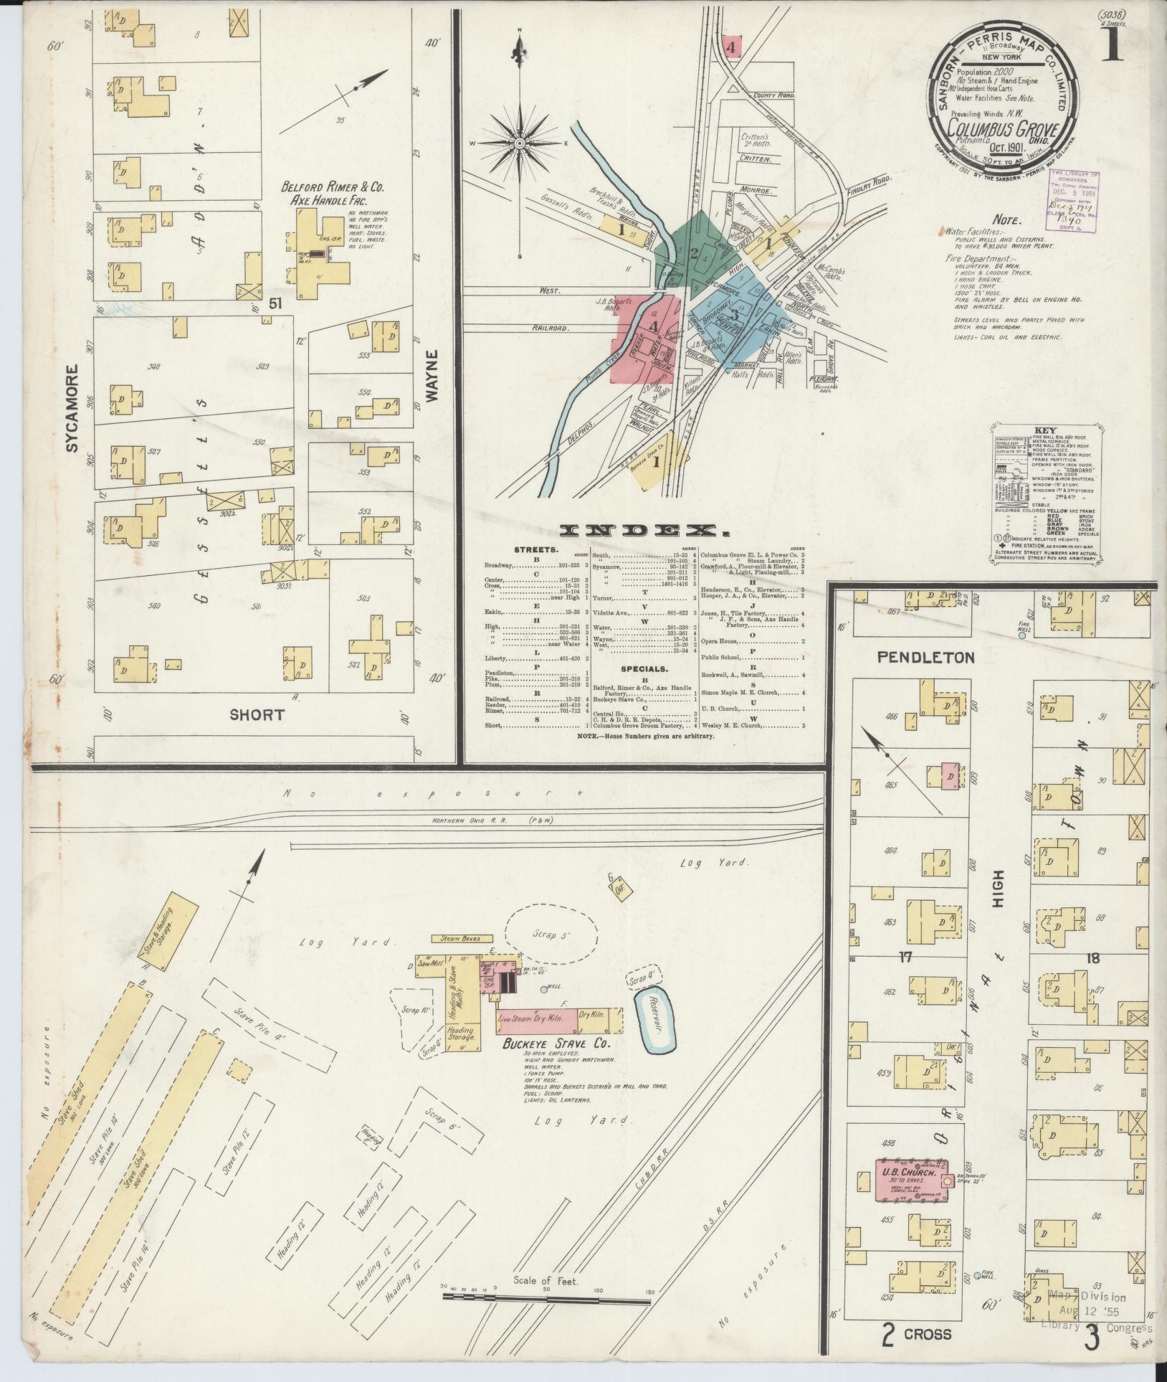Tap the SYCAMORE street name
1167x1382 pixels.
click(72, 409)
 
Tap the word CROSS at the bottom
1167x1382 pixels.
click(927, 1335)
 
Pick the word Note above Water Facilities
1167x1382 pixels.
click(1007, 222)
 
